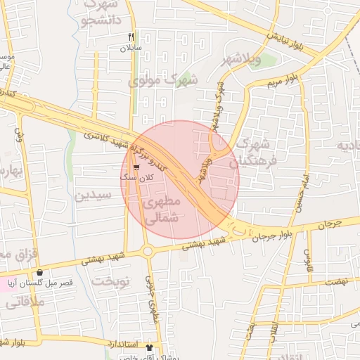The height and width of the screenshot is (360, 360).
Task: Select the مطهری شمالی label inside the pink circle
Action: pyautogui.click(x=162, y=210)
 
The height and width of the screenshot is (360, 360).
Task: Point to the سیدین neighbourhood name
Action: pyautogui.click(x=93, y=194)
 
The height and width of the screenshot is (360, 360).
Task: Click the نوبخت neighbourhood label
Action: pyautogui.click(x=112, y=281)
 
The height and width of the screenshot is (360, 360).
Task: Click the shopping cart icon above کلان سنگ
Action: pyautogui.click(x=135, y=168)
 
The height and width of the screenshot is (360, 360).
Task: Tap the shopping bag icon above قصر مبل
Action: pyautogui.click(x=39, y=272)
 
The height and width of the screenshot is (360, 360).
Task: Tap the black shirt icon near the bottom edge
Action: pyautogui.click(x=148, y=347)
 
